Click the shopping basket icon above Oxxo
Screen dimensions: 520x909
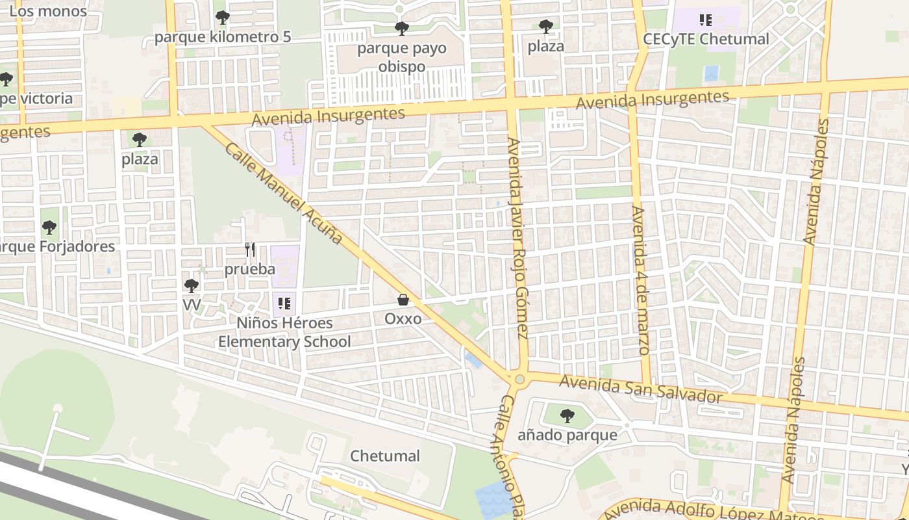click(x=403, y=300)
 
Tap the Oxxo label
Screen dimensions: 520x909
click(x=403, y=319)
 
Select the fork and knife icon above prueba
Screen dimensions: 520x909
click(x=250, y=249)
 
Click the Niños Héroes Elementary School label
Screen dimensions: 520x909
click(x=284, y=332)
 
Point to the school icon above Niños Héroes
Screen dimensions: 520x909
click(x=284, y=303)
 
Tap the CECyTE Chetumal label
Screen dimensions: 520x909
click(x=706, y=39)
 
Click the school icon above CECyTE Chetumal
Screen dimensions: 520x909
click(x=706, y=20)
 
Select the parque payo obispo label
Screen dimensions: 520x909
click(x=402, y=57)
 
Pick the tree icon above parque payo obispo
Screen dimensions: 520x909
click(x=402, y=29)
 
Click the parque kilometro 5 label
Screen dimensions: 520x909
click(x=222, y=36)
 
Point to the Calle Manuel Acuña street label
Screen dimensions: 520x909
click(x=284, y=194)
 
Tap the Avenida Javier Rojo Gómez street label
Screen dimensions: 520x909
click(x=517, y=238)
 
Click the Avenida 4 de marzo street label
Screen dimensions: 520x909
click(x=640, y=280)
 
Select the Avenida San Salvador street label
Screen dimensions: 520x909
click(x=641, y=389)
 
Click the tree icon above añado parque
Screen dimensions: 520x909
click(x=567, y=415)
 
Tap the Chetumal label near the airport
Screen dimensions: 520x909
click(x=385, y=456)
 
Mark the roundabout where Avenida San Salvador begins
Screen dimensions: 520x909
click(x=519, y=379)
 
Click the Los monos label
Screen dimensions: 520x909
click(x=48, y=11)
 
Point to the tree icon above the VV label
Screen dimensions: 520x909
click(x=192, y=285)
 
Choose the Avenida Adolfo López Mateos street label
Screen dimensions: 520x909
click(x=714, y=511)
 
